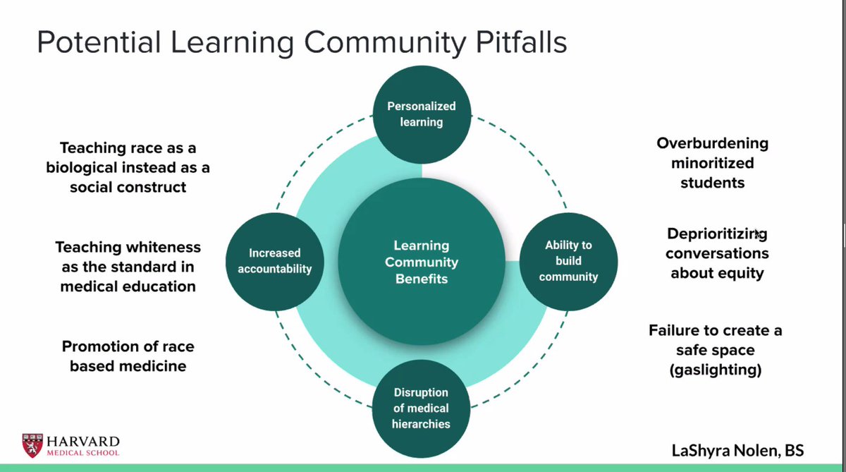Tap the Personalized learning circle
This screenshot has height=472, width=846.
[422, 114]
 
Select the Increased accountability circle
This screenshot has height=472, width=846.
[274, 260]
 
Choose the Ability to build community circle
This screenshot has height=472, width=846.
[568, 261]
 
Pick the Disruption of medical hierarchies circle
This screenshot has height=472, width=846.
[421, 408]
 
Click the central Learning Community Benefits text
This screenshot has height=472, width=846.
[421, 262]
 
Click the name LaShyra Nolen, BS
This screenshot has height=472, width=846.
[738, 450]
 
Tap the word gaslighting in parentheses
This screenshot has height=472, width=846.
[716, 370]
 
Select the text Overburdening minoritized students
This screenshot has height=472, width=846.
[712, 163]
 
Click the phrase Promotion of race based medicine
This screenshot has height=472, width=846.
[128, 356]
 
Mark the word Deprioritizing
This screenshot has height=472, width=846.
[717, 234]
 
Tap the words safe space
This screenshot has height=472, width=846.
[716, 350]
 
